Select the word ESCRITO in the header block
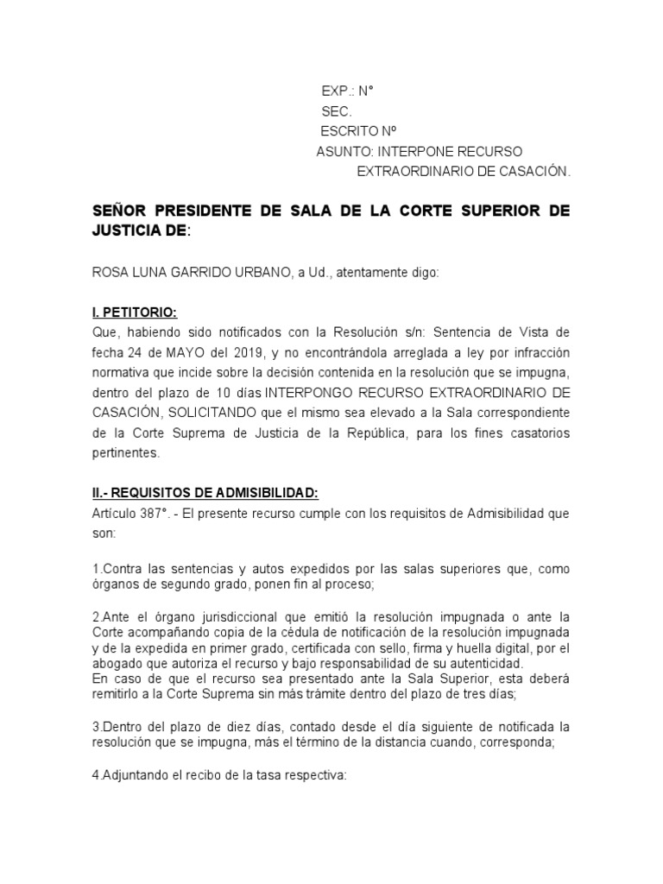coord(349,131)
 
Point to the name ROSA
coord(109,273)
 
